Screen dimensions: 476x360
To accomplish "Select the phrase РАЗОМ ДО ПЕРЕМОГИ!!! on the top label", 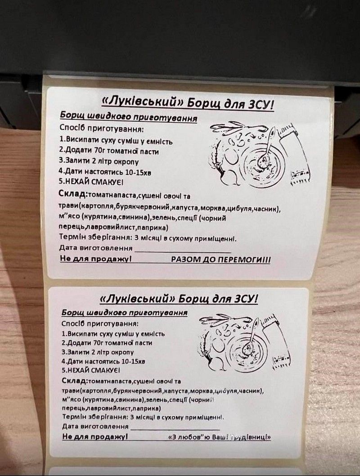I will [x=221, y=260].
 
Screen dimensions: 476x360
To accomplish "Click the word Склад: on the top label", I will [x=73, y=194].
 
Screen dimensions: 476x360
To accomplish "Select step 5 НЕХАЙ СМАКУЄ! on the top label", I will [x=90, y=182].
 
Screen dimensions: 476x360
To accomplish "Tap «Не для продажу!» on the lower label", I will [x=95, y=437].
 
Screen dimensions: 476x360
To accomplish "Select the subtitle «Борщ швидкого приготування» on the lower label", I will [x=125, y=313].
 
